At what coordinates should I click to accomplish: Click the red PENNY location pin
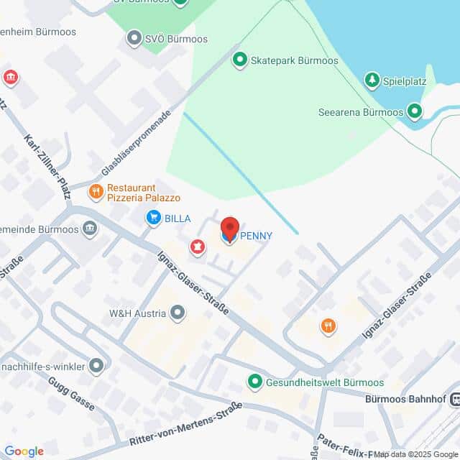pyautogui.click(x=229, y=229)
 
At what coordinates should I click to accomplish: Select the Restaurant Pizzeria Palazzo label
pyautogui.click(x=143, y=193)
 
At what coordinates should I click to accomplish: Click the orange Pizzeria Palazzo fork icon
pyautogui.click(x=95, y=192)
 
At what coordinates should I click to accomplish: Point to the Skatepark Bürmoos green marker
pyautogui.click(x=239, y=60)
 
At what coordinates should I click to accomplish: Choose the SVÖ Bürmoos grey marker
pyautogui.click(x=133, y=38)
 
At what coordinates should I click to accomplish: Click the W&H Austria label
pyautogui.click(x=137, y=313)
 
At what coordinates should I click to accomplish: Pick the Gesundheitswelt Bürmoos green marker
pyautogui.click(x=254, y=382)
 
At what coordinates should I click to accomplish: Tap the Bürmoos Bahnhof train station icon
pyautogui.click(x=454, y=399)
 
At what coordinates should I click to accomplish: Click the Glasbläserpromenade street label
pyautogui.click(x=137, y=143)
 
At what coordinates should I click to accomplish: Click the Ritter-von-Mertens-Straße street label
pyautogui.click(x=185, y=427)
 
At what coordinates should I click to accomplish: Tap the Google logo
pyautogui.click(x=24, y=451)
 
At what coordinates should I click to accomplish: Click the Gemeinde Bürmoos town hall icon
pyautogui.click(x=90, y=229)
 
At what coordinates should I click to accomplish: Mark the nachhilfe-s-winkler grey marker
pyautogui.click(x=96, y=367)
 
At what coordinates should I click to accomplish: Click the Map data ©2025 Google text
pyautogui.click(x=415, y=454)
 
